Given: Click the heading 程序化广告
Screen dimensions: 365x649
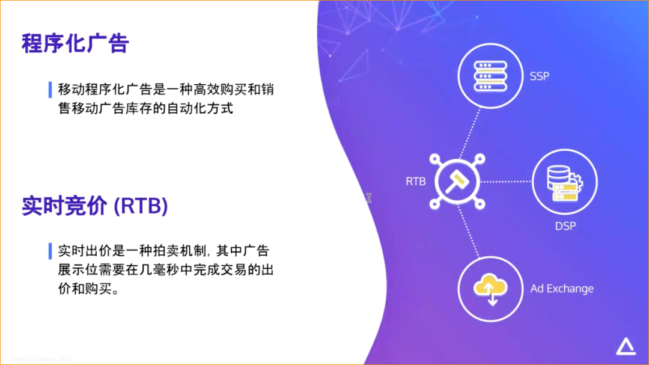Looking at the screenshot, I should click(x=75, y=44).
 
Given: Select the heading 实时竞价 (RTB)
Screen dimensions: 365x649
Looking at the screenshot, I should click(x=94, y=206).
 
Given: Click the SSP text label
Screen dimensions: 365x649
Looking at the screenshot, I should click(x=539, y=76).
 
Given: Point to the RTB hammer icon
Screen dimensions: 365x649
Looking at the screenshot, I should click(x=457, y=181).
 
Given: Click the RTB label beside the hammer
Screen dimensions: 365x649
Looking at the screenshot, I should click(x=415, y=181).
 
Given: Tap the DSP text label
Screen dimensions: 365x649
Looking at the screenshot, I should click(x=565, y=226).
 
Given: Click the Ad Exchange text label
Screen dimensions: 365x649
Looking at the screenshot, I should click(x=562, y=289).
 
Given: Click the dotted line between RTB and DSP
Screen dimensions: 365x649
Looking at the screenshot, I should click(x=506, y=181).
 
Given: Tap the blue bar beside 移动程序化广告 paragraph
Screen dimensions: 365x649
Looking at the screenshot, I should click(x=50, y=89).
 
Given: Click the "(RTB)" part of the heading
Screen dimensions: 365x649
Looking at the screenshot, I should click(x=141, y=206).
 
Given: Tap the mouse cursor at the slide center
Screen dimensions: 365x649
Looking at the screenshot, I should click(x=368, y=198).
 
